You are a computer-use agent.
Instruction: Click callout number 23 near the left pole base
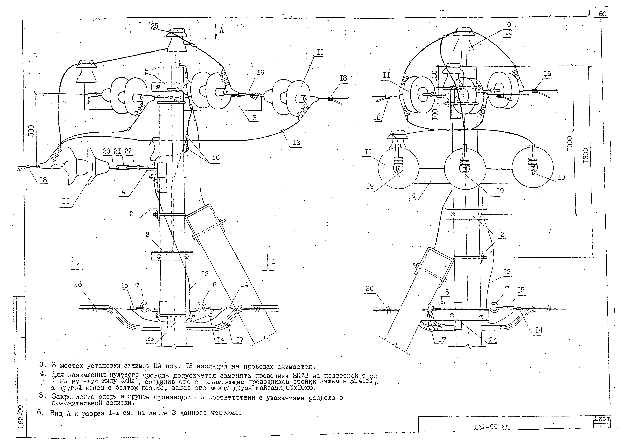tap(150, 338)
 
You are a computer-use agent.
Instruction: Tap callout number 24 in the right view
tap(493, 340)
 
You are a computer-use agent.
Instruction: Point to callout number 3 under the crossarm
tap(255, 118)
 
